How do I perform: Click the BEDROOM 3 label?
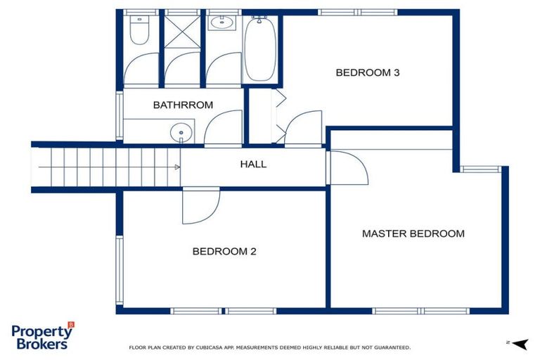[x=367, y=72]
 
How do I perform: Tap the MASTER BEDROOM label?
[x=413, y=233]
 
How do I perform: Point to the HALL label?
[x=253, y=165]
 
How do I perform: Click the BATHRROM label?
[x=183, y=105]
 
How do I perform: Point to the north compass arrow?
[x=519, y=343]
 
